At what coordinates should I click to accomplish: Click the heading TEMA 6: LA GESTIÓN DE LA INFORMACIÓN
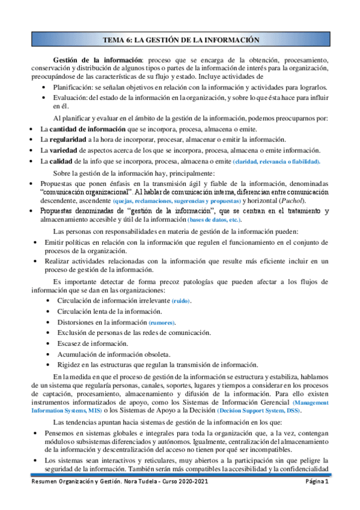[181, 40]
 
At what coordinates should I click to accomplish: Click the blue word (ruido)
[182, 300]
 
